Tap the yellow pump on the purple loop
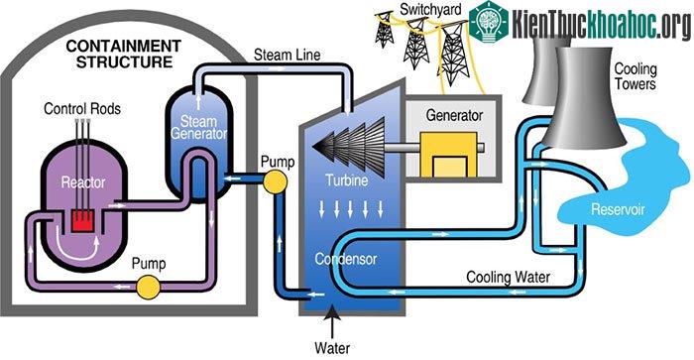[148, 287]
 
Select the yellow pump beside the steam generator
[275, 181]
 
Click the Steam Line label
[287, 55]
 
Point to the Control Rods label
[82, 108]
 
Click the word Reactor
[83, 182]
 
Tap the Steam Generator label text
[198, 127]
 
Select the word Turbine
[347, 180]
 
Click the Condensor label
[346, 259]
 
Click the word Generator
[454, 115]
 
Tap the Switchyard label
[430, 9]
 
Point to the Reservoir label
[618, 209]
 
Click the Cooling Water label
[508, 278]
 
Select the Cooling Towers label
[636, 76]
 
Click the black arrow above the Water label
[332, 322]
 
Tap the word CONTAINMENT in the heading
[124, 46]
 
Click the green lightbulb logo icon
[489, 20]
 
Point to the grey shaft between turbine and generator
[403, 148]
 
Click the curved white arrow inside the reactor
[75, 251]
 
